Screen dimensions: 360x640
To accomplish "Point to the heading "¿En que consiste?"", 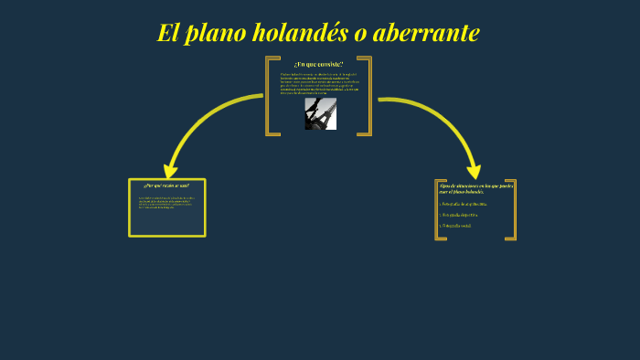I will coord(318,64).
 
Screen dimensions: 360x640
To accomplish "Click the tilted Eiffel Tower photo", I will coord(320,114).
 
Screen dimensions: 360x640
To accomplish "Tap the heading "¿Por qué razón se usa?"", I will coord(166,185).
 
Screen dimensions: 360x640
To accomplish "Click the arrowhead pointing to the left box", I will coord(170,171).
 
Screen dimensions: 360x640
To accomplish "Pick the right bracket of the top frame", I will coord(368,96).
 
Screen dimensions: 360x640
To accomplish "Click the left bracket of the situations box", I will coord(438,210).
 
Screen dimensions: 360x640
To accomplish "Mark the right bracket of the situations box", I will coord(513,210).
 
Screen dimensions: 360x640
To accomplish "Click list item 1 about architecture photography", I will coord(463,204).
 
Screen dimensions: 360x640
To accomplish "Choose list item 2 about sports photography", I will coord(459,215).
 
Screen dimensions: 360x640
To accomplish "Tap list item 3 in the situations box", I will coord(457,225).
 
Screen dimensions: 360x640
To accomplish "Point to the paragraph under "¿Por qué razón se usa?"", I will coord(166,202).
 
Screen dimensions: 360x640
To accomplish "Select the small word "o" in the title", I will coord(359,34).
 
